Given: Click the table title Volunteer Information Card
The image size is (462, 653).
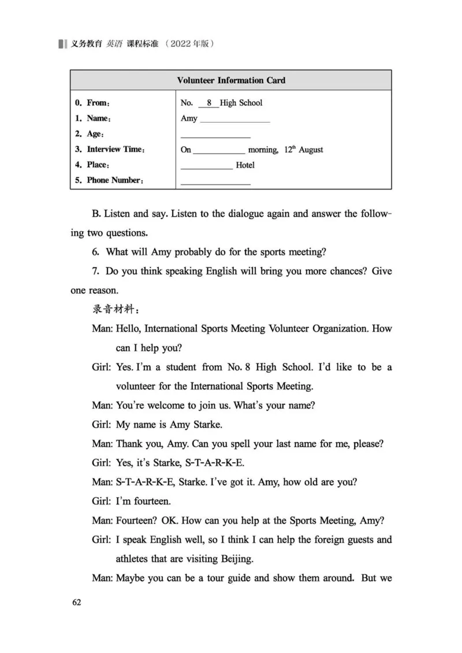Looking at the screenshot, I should pyautogui.click(x=231, y=80).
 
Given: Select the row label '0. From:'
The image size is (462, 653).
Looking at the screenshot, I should pyautogui.click(x=92, y=103).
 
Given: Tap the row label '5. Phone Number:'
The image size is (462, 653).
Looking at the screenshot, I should pyautogui.click(x=109, y=180).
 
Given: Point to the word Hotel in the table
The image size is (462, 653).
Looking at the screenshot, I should pyautogui.click(x=245, y=165).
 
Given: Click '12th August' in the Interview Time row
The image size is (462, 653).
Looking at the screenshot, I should pyautogui.click(x=304, y=150).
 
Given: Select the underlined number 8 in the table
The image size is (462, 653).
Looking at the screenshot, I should pyautogui.click(x=208, y=103).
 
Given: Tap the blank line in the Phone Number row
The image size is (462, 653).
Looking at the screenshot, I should pyautogui.click(x=215, y=182).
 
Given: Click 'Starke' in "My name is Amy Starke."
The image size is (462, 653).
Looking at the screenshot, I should pyautogui.click(x=205, y=424).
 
